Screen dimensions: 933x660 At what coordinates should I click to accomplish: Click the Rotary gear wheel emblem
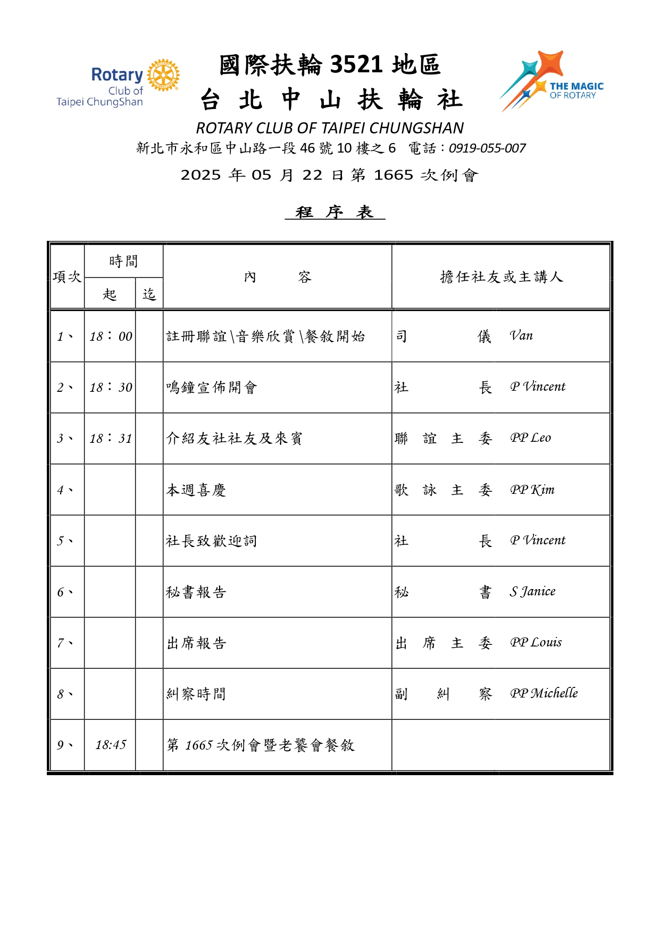pyautogui.click(x=163, y=75)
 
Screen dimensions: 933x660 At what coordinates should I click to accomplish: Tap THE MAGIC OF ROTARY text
pyautogui.click(x=576, y=90)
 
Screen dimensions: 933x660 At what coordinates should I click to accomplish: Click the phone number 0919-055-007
pyautogui.click(x=487, y=148)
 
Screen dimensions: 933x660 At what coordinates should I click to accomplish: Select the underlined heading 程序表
pyautogui.click(x=335, y=212)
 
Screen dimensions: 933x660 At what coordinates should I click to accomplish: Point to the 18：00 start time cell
pyautogui.click(x=111, y=337)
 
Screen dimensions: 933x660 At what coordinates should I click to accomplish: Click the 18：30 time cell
pyautogui.click(x=111, y=388)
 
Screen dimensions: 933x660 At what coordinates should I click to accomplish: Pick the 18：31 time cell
pyautogui.click(x=111, y=439)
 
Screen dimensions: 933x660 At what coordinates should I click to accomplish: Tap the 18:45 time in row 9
pyautogui.click(x=111, y=745)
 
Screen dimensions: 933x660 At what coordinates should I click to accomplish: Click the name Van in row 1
pyautogui.click(x=521, y=335)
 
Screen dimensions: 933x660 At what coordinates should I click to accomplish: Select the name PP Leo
pyautogui.click(x=530, y=438)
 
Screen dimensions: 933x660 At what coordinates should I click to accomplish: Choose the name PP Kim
pyautogui.click(x=532, y=490)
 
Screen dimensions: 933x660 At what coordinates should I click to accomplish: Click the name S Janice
pyautogui.click(x=532, y=591)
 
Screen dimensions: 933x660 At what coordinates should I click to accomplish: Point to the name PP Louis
pyautogui.click(x=536, y=642)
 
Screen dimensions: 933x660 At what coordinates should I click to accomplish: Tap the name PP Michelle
pyautogui.click(x=544, y=693)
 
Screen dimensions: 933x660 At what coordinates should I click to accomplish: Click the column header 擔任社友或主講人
pyautogui.click(x=501, y=277)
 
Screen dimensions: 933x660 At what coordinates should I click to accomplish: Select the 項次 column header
pyautogui.click(x=67, y=277)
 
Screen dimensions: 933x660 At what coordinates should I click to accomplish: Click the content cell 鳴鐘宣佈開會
pyautogui.click(x=212, y=388)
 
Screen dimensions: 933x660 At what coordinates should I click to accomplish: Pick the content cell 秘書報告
pyautogui.click(x=196, y=592)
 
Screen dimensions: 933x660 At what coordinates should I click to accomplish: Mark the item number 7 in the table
pyautogui.click(x=64, y=643)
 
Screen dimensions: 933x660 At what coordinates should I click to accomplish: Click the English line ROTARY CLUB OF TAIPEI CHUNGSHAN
pyautogui.click(x=330, y=128)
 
